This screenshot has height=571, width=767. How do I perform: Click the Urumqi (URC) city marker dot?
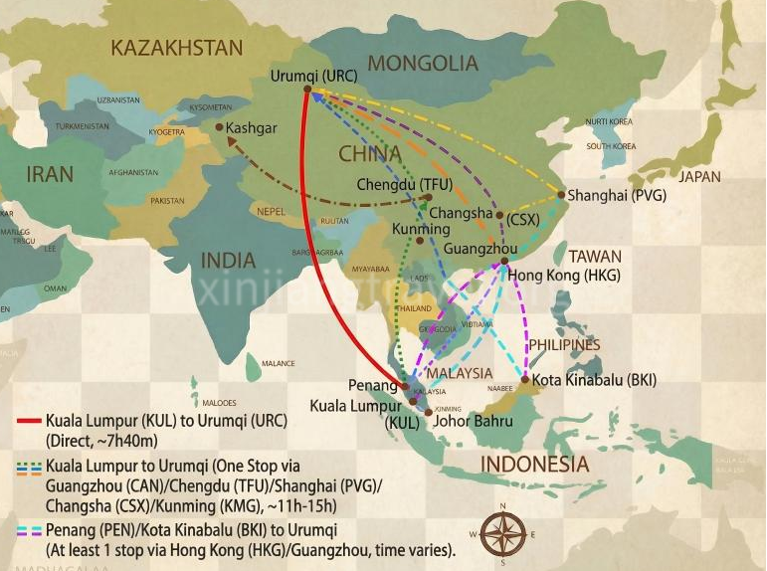point(307,90)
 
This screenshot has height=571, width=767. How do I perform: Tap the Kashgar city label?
point(251,127)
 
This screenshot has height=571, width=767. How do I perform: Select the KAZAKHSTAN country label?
point(177,48)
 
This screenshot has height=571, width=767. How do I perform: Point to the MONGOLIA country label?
point(424,63)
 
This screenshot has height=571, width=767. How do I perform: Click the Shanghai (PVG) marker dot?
point(561,195)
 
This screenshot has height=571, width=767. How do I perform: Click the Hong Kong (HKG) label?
point(564,276)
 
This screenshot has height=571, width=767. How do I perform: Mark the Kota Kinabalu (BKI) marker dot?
point(525,379)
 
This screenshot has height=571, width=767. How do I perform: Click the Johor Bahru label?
point(475,421)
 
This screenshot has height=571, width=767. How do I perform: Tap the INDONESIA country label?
point(535,465)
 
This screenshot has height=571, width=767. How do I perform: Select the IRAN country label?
point(50,174)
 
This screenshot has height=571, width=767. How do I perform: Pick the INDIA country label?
point(228,261)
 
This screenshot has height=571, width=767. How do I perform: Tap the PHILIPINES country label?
point(564,344)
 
